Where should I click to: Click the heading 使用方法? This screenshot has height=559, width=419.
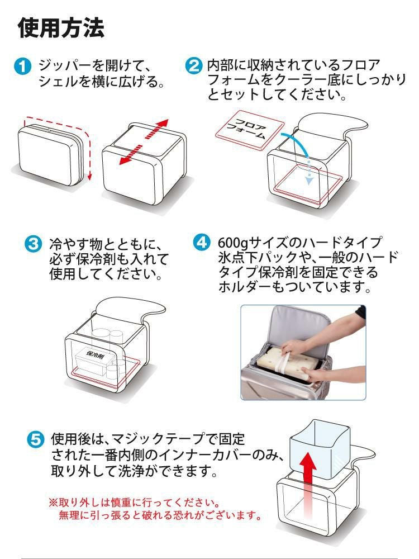(x=61, y=28)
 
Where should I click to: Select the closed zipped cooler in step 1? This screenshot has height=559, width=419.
(x=51, y=153)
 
